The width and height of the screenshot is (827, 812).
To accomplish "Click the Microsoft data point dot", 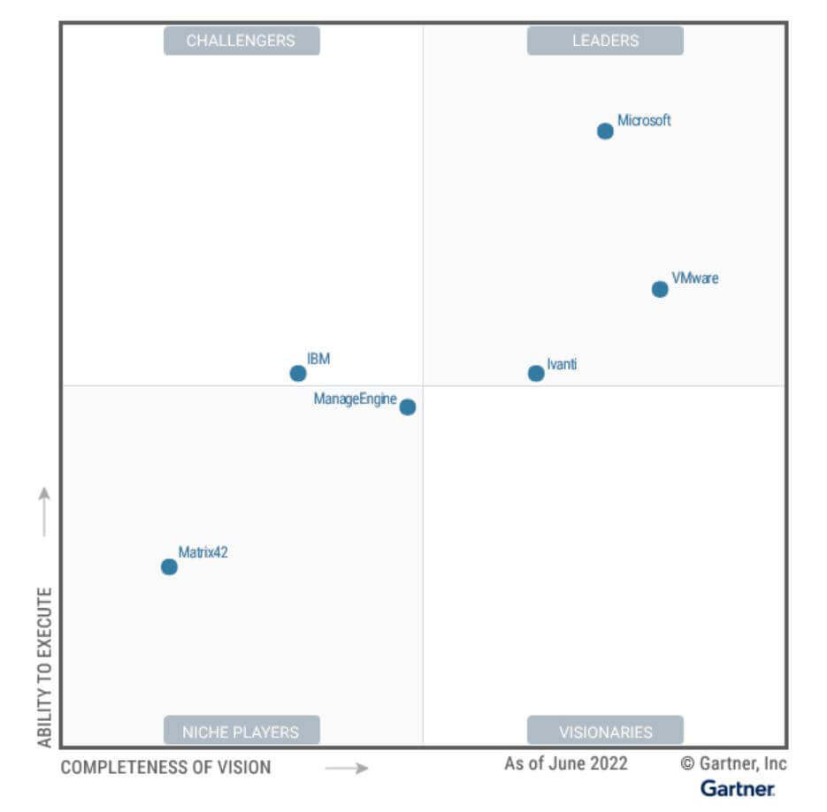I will tap(605, 132).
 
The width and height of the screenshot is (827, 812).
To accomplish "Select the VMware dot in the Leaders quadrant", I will tap(660, 289).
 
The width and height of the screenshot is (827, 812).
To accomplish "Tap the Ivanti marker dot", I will tap(536, 373).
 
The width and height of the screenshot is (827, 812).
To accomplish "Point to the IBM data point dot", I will tap(298, 373).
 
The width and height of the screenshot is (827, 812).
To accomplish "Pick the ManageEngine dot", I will tap(407, 407).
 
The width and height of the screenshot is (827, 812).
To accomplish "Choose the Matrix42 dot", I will tap(169, 566).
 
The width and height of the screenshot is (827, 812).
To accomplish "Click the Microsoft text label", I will tap(644, 120).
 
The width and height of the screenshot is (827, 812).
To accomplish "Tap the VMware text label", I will tap(695, 278).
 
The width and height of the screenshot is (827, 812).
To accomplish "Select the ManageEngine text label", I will tap(355, 399).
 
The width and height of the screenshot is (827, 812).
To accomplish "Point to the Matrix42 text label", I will tap(203, 553).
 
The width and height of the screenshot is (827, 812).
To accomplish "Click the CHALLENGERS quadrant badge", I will tap(241, 41).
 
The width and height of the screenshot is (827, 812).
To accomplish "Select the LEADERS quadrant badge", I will tap(605, 41).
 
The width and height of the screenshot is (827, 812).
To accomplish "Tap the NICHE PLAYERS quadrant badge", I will tap(241, 732).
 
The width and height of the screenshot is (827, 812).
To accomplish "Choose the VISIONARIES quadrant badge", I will tap(605, 732).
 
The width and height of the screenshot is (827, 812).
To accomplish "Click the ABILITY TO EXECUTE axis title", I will tap(45, 667).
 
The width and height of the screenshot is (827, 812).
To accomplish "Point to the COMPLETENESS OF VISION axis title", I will tap(165, 767).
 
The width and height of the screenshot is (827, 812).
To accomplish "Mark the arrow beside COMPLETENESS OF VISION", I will tap(346, 768).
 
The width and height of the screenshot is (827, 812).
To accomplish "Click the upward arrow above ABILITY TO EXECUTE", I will tap(44, 511).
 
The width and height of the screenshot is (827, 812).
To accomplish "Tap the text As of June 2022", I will tap(566, 763).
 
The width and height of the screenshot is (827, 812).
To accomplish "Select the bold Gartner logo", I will tap(738, 788).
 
